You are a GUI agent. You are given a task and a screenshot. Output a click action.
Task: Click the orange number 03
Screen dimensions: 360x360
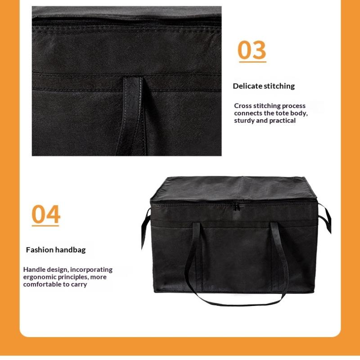click(x=252, y=50)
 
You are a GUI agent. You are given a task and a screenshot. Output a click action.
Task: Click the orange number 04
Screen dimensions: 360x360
click(x=46, y=214)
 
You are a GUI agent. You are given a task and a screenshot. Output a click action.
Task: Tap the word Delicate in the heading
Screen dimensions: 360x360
click(x=247, y=86)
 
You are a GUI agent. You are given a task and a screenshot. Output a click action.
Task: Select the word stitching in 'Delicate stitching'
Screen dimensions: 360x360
click(x=279, y=86)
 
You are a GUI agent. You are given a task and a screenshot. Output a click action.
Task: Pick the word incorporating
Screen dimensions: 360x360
click(x=91, y=270)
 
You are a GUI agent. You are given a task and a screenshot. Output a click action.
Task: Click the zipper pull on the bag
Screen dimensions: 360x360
click(x=236, y=207)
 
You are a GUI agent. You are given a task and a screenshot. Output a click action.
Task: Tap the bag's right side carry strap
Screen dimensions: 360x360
click(x=325, y=218)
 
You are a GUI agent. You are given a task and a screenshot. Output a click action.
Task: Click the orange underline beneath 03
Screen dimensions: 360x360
click(x=252, y=62)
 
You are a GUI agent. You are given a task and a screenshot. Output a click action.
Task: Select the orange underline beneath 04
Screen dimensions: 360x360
click(x=45, y=226)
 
